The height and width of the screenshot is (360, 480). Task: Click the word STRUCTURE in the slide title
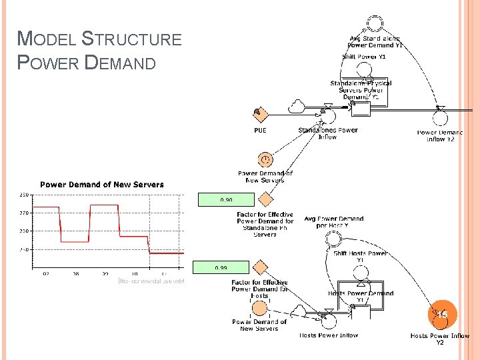point(131,39)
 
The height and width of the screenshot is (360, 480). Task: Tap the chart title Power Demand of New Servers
point(102,185)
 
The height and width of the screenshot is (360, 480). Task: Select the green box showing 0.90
point(227,199)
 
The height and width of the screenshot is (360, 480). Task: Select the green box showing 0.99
point(221,268)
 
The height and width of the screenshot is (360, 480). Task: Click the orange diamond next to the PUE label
point(259,115)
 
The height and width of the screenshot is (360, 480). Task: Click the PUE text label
point(260,131)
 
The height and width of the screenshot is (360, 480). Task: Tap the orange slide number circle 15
point(441,314)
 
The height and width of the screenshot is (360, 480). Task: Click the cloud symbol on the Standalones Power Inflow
point(297,106)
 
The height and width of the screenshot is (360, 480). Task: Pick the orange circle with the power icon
point(265,160)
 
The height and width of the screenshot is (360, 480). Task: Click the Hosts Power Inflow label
point(329,335)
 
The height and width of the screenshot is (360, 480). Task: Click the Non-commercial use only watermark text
point(151,281)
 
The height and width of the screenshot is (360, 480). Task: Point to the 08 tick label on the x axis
point(75,274)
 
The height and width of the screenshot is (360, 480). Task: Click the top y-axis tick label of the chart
point(23,195)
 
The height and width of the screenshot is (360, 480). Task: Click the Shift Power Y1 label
point(364,57)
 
